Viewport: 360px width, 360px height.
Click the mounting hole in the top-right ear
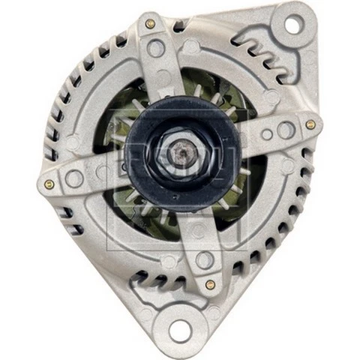pyautogui.click(x=292, y=25)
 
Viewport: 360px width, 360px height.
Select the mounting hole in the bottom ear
pyautogui.click(x=180, y=328)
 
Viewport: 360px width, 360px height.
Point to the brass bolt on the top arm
pyautogui.click(x=150, y=24)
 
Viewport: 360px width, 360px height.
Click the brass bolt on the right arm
pyautogui.click(x=310, y=124)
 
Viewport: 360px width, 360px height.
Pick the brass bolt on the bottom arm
pyautogui.click(x=210, y=284)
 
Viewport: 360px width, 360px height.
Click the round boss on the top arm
pyautogui.click(x=156, y=49)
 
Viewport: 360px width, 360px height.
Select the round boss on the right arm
pyautogui.click(x=285, y=130)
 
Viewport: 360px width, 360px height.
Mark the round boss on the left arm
pyautogui.click(x=74, y=178)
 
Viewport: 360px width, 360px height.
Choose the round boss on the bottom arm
pyautogui.click(x=204, y=260)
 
